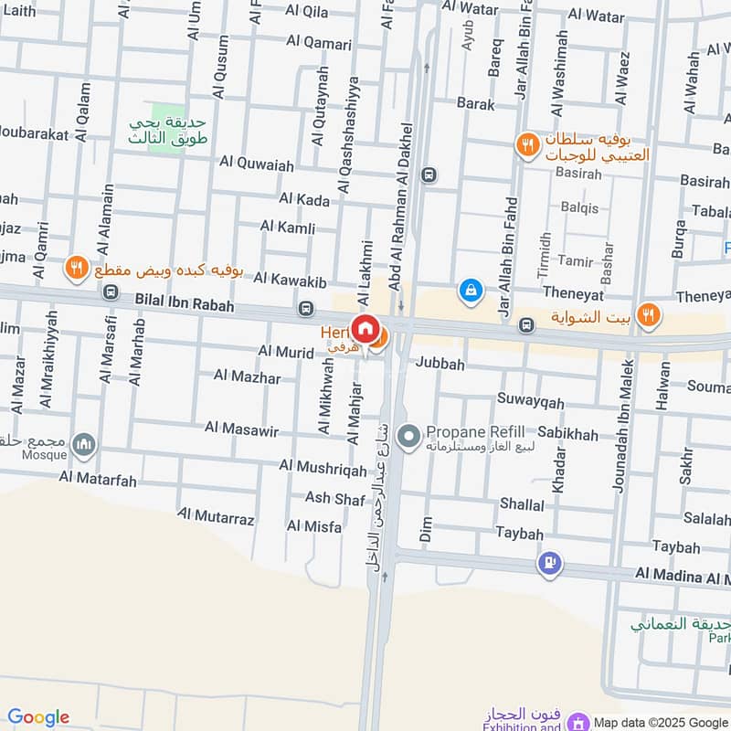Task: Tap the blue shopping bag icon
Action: click(471, 290)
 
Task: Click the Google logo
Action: click(38, 716)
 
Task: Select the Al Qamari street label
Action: click(319, 42)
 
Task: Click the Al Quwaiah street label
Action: click(257, 164)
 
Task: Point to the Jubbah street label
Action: click(440, 364)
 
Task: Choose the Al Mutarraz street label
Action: click(216, 518)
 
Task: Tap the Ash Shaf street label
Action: click(334, 498)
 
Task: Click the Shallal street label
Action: click(522, 504)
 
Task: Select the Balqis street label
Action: click(579, 207)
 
